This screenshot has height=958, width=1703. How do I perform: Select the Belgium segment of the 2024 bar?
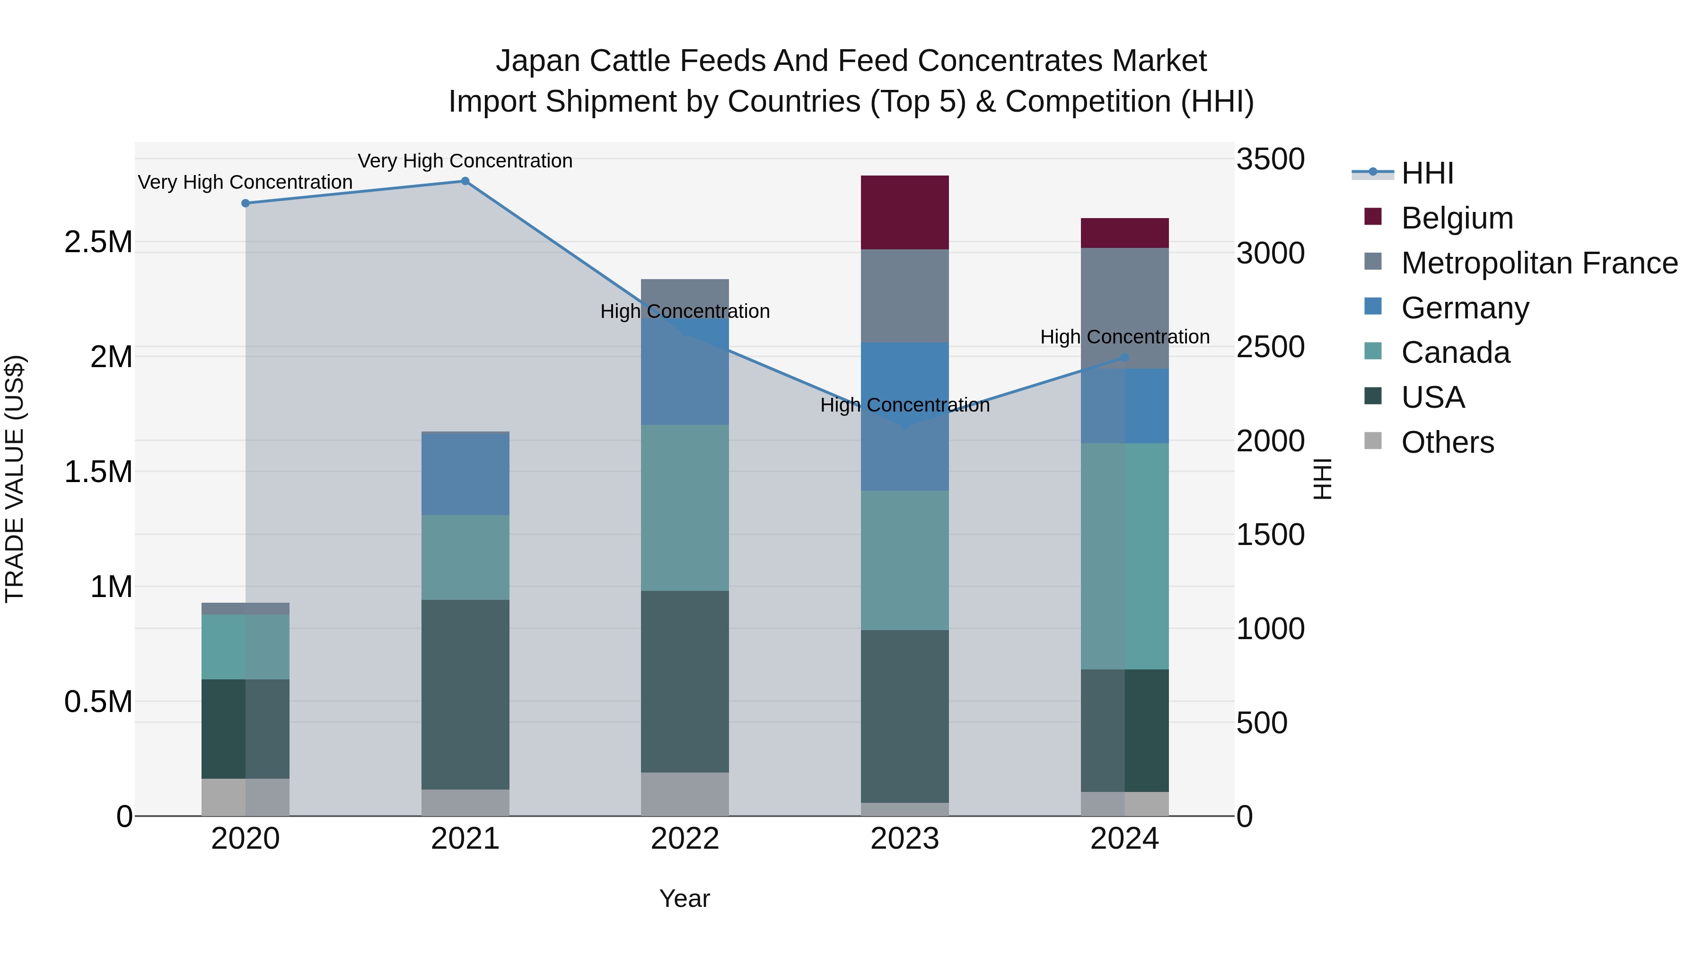click(1124, 233)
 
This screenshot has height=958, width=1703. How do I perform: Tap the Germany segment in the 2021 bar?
click(465, 474)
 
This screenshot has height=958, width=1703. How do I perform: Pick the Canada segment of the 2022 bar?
click(685, 507)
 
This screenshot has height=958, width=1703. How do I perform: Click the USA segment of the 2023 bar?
click(904, 716)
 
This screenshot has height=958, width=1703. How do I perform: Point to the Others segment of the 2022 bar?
click(685, 793)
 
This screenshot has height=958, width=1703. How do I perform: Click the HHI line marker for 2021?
click(465, 181)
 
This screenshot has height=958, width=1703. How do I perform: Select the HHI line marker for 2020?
click(245, 203)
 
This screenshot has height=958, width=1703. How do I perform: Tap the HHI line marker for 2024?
click(1124, 358)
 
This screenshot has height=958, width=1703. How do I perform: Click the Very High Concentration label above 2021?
click(465, 161)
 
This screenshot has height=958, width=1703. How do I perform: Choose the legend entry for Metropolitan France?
click(1539, 263)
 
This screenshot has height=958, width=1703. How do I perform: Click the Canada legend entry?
click(1455, 352)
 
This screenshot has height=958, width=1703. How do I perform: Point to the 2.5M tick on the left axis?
click(98, 242)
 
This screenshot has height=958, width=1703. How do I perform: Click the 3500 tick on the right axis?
click(1270, 159)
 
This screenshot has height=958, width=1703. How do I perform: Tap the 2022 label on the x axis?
click(685, 839)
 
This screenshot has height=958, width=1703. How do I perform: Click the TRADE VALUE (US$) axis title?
click(15, 479)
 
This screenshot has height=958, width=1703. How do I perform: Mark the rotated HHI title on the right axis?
click(1322, 479)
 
